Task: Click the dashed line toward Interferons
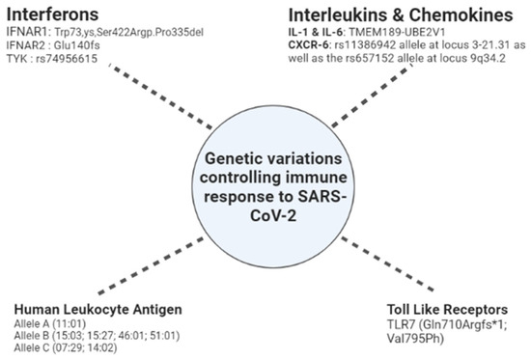[145, 92]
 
